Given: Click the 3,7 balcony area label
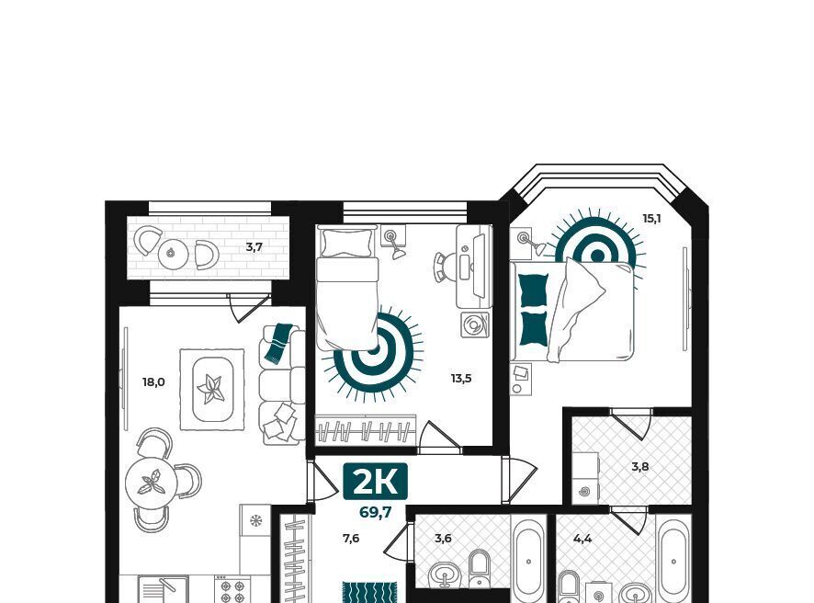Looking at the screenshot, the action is [254, 247].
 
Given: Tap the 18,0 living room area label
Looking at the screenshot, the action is [153, 382].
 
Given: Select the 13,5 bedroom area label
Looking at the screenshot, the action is [461, 378].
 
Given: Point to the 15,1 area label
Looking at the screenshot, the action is [652, 219].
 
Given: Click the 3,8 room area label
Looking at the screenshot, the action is [640, 466].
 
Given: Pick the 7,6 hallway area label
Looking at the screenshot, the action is [351, 539].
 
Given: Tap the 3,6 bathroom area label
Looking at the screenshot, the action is [443, 539].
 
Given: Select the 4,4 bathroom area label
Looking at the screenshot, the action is [582, 539].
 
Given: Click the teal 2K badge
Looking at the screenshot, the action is [376, 482].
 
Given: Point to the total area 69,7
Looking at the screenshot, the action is [376, 513].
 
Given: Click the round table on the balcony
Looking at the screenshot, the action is [173, 254].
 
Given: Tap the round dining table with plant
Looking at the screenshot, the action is [151, 483].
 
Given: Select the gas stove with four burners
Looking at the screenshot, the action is [232, 589].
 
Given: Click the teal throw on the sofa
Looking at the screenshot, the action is [278, 342].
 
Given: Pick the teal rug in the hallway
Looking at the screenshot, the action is [370, 593].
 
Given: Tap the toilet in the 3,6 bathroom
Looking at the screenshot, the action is [480, 568].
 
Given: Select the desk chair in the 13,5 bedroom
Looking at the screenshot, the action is [443, 267].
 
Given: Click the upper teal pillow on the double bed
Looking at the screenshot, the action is [534, 290].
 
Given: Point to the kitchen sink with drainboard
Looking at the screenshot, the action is [163, 589].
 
